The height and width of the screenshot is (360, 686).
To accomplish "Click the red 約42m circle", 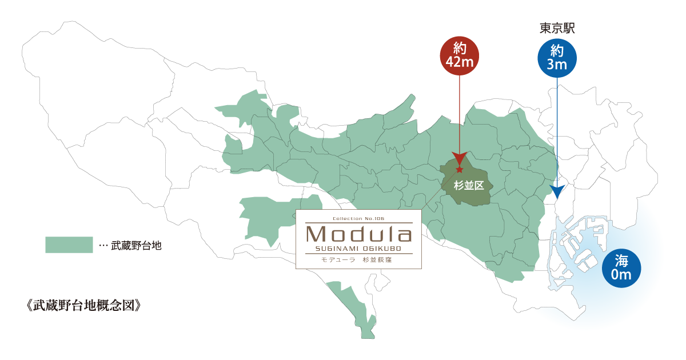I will (x=460, y=56).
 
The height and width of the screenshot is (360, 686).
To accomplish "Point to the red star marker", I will (x=460, y=170).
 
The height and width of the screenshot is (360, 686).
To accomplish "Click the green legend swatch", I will (x=69, y=245).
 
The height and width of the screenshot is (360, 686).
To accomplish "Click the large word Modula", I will (x=358, y=234).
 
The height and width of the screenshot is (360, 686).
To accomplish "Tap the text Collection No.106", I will (x=358, y=218).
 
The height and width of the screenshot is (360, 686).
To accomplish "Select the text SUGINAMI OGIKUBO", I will (x=358, y=248).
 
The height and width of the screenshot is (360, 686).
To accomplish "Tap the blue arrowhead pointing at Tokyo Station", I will (x=557, y=191).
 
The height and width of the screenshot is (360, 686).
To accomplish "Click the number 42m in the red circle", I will (x=460, y=62).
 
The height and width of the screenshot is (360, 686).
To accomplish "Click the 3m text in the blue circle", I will (x=557, y=65).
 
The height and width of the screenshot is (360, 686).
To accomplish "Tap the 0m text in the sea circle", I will (x=621, y=275).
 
